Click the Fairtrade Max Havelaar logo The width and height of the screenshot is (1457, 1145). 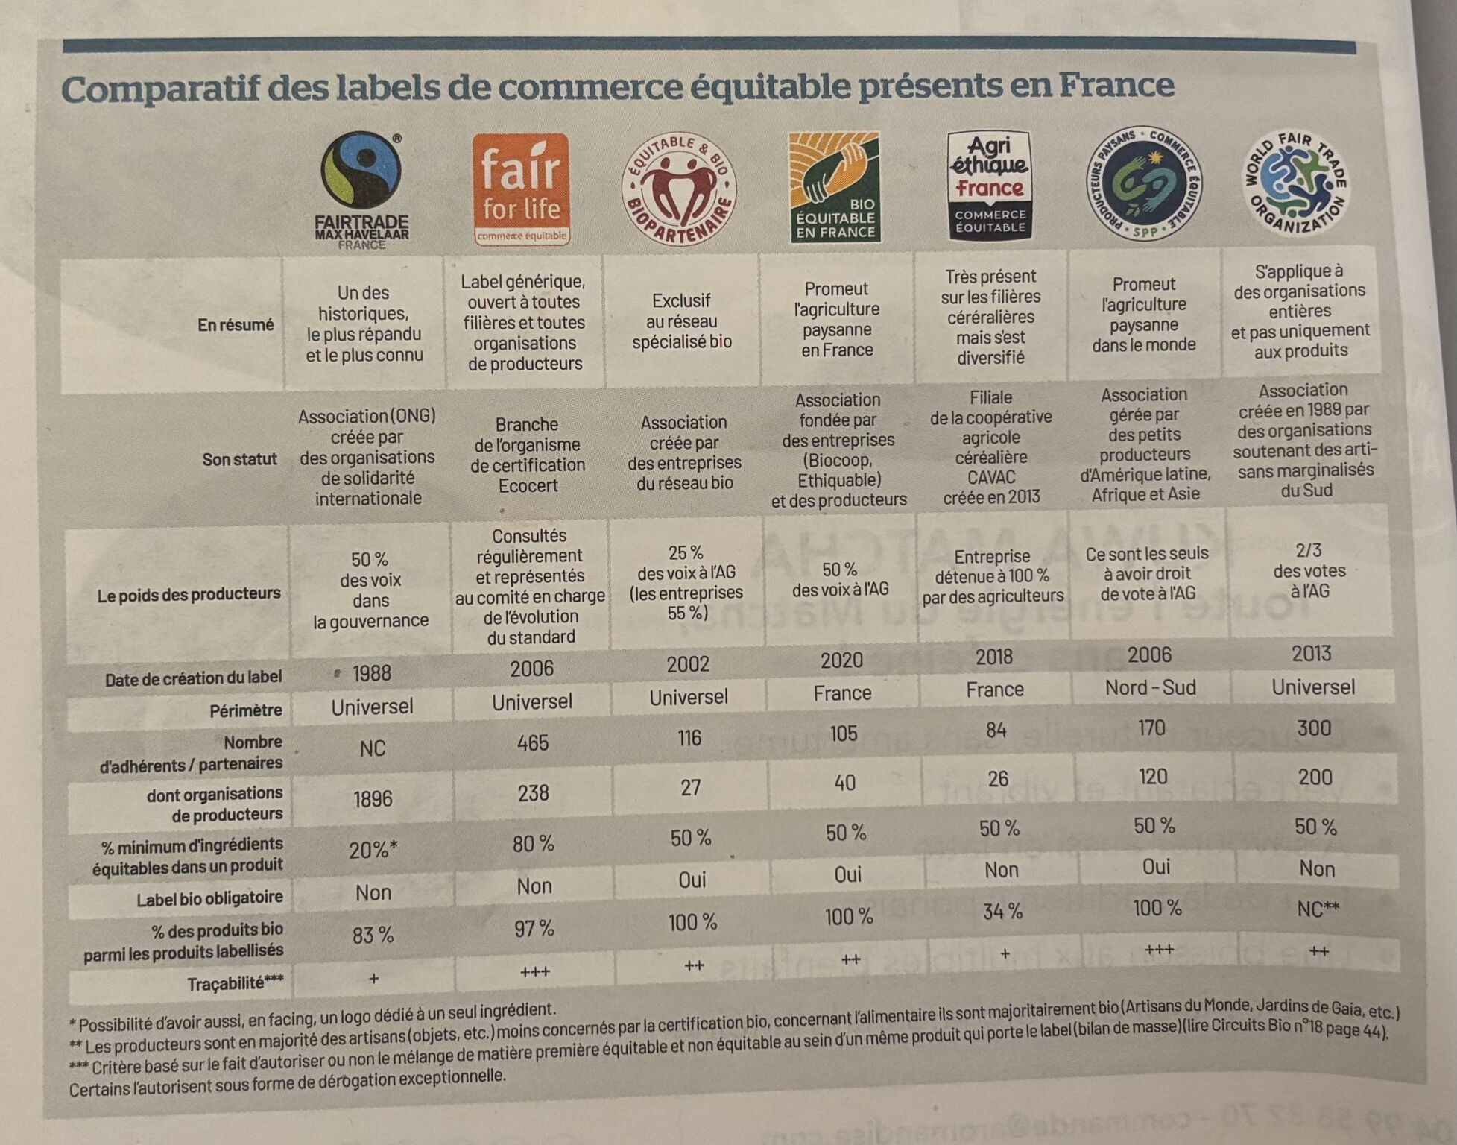pyautogui.click(x=362, y=190)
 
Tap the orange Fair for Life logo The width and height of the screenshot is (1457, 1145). pyautogui.click(x=521, y=189)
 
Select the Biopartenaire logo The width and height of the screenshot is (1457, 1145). pyautogui.click(x=679, y=189)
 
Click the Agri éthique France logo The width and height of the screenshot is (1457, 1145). pyautogui.click(x=989, y=185)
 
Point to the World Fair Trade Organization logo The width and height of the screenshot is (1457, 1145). pyautogui.click(x=1295, y=183)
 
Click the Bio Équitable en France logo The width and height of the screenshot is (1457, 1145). pyautogui.click(x=835, y=187)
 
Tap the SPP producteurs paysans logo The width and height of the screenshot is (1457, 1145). pyautogui.click(x=1144, y=183)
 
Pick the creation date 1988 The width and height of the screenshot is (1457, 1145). pyautogui.click(x=371, y=673)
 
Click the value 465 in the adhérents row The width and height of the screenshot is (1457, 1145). pyautogui.click(x=533, y=742)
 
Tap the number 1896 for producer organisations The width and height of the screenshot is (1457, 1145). pyautogui.click(x=373, y=798)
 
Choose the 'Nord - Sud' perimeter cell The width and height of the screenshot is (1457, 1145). pyautogui.click(x=1150, y=687)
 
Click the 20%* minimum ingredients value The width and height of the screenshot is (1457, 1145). pyautogui.click(x=373, y=849)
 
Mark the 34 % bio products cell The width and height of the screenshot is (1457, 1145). pyautogui.click(x=1002, y=911)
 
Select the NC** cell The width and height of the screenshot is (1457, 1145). pyautogui.click(x=1318, y=909)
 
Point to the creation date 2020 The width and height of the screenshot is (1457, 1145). pyautogui.click(x=841, y=660)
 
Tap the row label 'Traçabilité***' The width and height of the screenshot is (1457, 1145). pyautogui.click(x=235, y=984)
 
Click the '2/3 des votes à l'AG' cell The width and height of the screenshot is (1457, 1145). pyautogui.click(x=1309, y=570)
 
